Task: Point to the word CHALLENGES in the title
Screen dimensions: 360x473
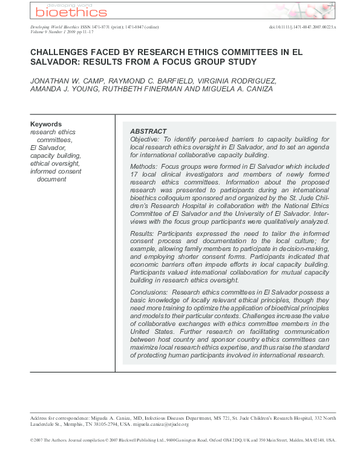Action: (x=61, y=53)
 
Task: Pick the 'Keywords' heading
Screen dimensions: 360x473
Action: (x=46, y=124)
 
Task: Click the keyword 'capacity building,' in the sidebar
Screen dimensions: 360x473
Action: (x=55, y=155)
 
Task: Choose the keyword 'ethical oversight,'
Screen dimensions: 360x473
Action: (x=54, y=163)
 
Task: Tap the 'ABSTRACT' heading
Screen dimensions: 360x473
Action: (x=148, y=131)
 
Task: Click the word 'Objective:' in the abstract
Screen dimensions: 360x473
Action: (x=145, y=139)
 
